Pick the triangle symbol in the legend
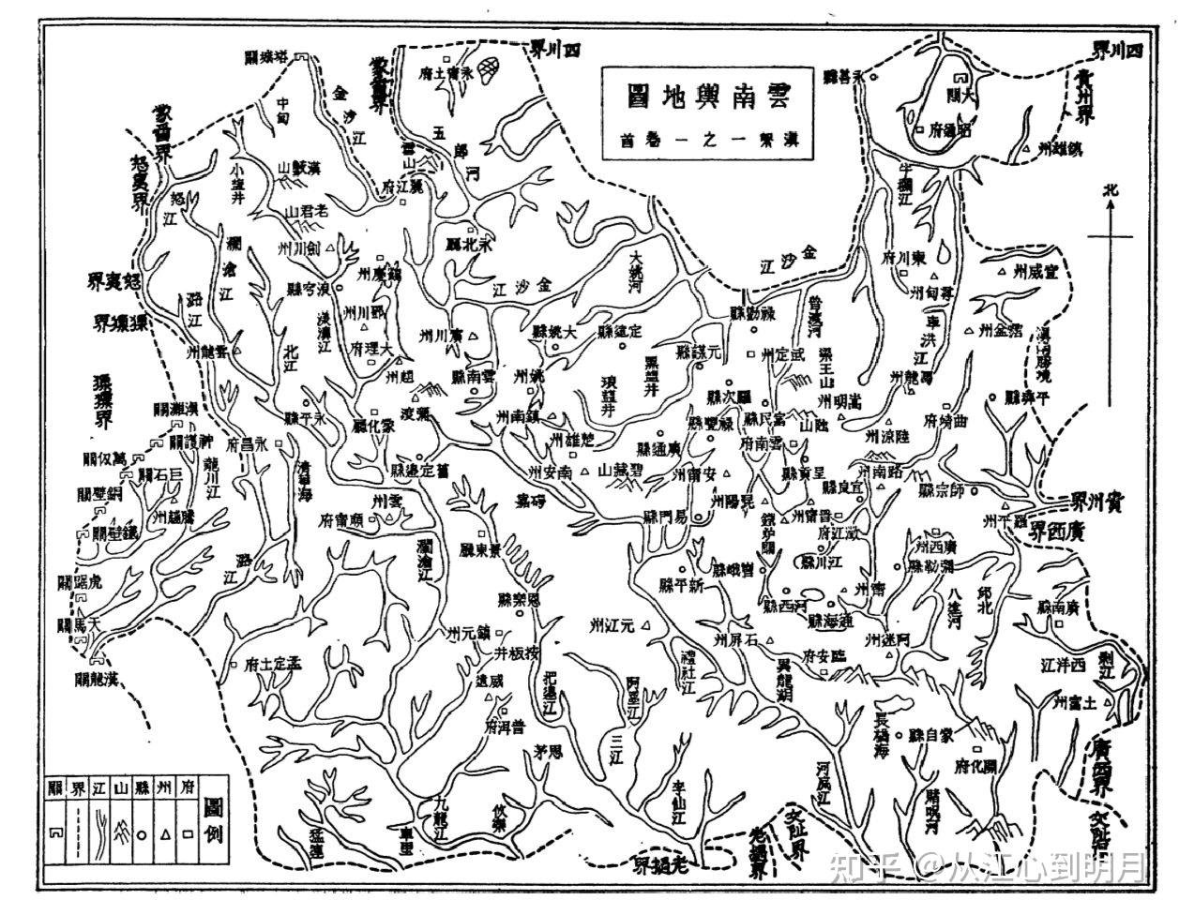click(165, 830)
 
